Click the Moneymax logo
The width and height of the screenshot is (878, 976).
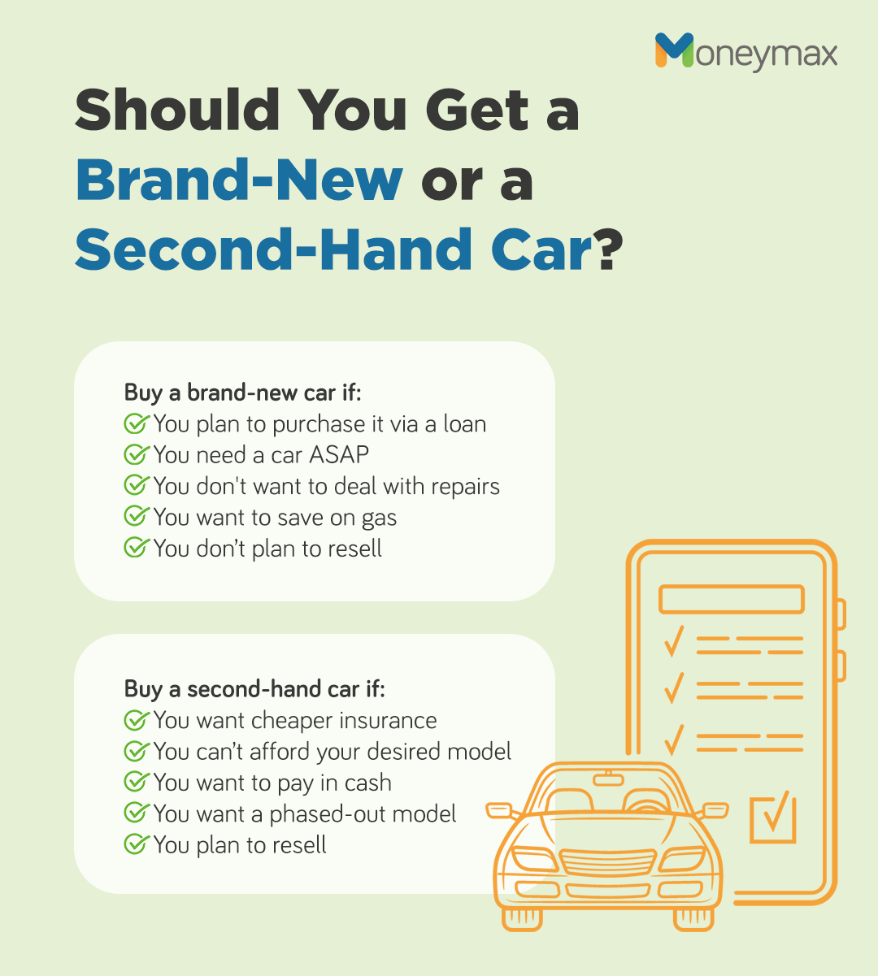click(745, 53)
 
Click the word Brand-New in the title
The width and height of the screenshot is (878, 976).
click(239, 180)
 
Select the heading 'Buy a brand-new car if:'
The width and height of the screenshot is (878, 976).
click(242, 393)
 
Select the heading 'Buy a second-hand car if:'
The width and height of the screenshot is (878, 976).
click(254, 689)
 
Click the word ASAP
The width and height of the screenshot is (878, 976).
click(339, 455)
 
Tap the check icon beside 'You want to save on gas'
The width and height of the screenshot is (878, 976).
click(136, 517)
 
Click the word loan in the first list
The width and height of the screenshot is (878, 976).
click(464, 424)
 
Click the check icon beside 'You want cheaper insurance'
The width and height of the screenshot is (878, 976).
click(136, 720)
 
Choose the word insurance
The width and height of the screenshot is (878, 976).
click(388, 721)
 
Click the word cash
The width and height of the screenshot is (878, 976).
click(367, 783)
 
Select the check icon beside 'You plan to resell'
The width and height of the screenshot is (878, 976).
click(136, 844)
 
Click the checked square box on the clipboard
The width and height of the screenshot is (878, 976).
click(772, 818)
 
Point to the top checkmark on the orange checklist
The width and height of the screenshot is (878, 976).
click(673, 641)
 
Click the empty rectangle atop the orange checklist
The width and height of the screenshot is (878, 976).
click(731, 599)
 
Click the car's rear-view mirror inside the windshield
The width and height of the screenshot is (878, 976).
click(607, 780)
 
